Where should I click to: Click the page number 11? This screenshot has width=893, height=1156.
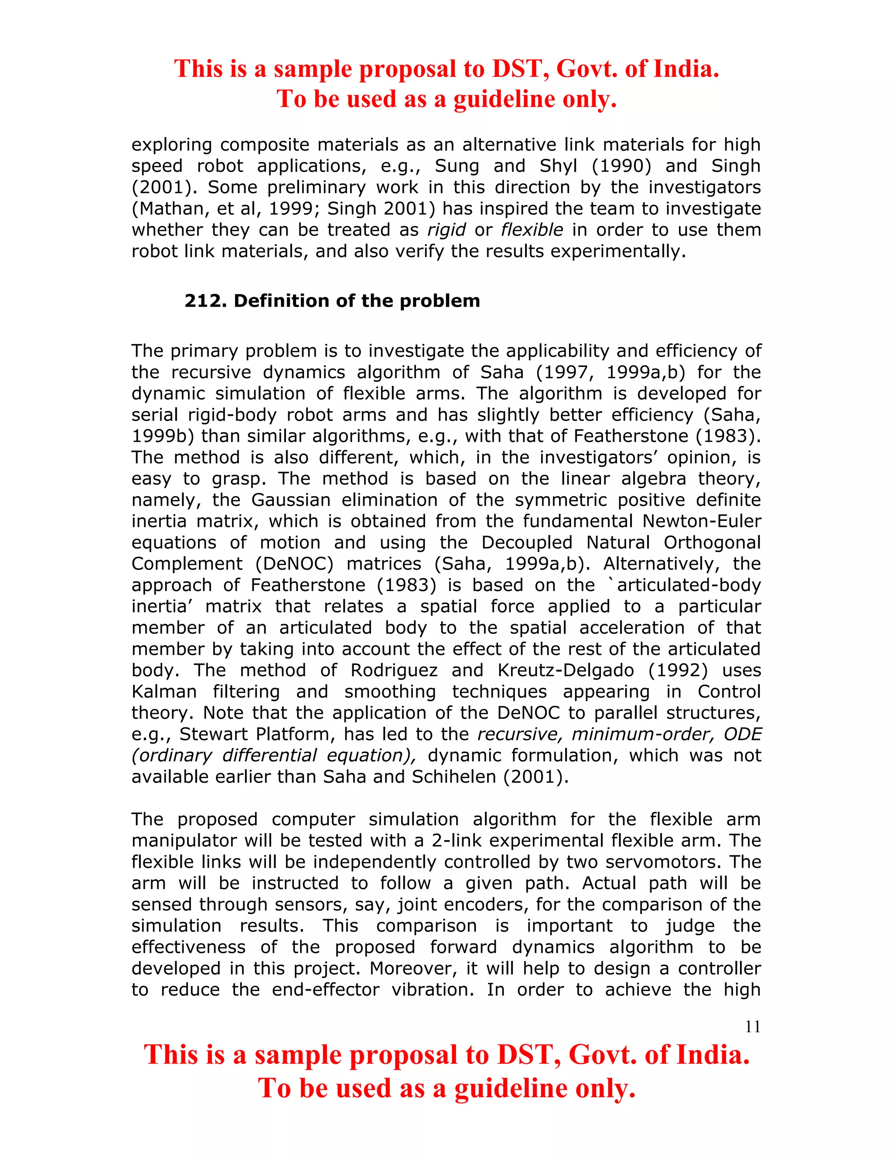click(x=752, y=1027)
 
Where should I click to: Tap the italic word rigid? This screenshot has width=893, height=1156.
click(x=446, y=230)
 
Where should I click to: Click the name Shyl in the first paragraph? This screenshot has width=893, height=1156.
click(x=558, y=166)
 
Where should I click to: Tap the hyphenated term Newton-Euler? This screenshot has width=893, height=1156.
click(x=702, y=521)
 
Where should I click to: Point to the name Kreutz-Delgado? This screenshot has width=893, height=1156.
click(x=566, y=670)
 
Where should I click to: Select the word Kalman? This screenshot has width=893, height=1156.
click(x=164, y=692)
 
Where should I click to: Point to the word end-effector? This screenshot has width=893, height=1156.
click(x=326, y=990)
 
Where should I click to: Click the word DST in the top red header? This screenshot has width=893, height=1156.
click(x=521, y=69)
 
